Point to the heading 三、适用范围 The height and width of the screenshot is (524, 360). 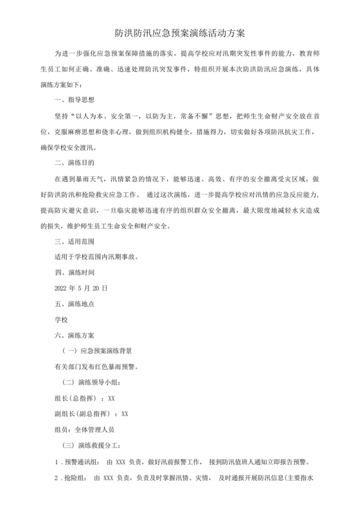(x=75, y=241)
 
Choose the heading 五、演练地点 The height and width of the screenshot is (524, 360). (x=75, y=304)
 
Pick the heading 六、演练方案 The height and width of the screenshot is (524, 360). (x=75, y=336)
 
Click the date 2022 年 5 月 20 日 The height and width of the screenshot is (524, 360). (x=81, y=289)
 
